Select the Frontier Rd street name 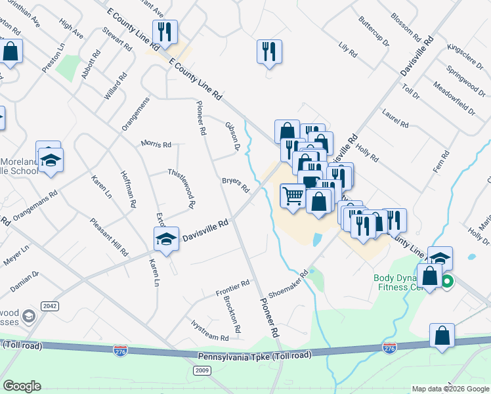coord(234,288)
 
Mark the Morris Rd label coord(156,144)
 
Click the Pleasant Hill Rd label coord(110,236)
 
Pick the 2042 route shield coord(49,306)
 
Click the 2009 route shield coord(202,371)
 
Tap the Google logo coord(22,385)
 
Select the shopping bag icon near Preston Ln coord(11,51)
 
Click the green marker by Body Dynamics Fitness coord(448,283)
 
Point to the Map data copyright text coord(450,389)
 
